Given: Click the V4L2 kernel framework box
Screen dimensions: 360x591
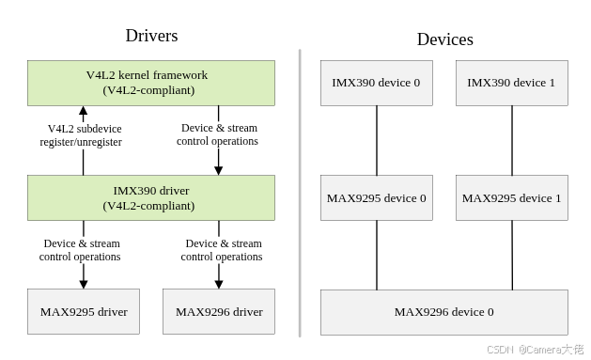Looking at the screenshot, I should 150,83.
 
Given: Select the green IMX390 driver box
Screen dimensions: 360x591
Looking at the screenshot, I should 150,197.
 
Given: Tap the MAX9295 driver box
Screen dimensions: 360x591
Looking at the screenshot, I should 84,312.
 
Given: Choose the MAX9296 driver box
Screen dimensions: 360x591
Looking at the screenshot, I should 219,312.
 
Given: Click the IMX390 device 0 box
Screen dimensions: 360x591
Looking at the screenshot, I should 376,83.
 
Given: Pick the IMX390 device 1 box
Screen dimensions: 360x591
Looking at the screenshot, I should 511,83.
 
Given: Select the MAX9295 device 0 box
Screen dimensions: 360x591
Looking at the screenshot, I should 376,198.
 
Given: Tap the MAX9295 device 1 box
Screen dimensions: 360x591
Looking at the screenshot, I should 511,198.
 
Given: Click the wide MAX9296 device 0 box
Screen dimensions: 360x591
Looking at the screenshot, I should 443,312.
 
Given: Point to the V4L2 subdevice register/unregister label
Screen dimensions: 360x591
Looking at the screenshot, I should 82,135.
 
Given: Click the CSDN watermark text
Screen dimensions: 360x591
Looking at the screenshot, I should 499,349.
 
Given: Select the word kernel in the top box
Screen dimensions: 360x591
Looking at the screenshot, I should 137,75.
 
